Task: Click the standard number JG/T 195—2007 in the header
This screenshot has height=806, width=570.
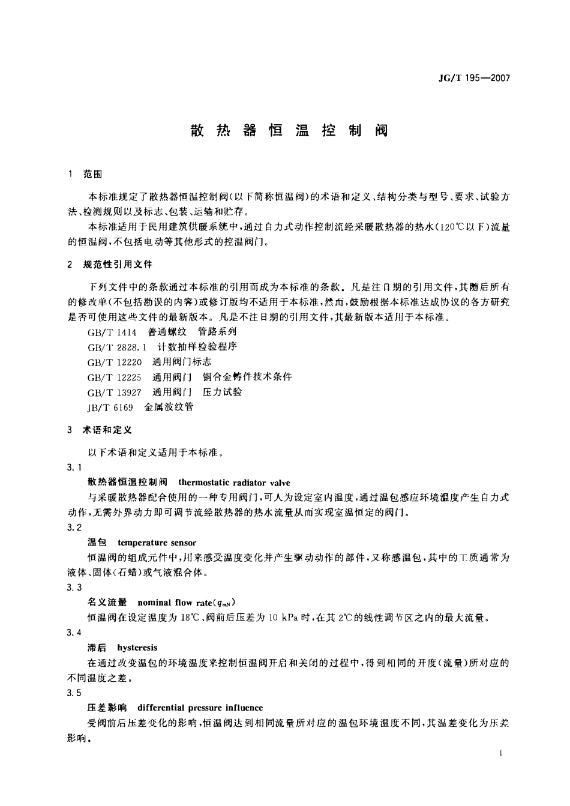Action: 475,78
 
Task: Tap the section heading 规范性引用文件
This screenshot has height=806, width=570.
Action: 118,264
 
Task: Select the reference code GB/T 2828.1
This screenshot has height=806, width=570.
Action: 117,347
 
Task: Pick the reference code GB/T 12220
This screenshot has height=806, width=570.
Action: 115,362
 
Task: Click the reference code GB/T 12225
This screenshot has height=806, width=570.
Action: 115,377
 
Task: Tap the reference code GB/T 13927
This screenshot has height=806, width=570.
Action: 115,392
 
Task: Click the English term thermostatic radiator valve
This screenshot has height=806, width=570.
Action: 234,483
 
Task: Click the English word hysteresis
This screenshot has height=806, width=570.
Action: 137,648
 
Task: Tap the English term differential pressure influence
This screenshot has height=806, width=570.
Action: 200,708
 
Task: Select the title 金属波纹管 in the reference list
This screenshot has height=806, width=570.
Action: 169,407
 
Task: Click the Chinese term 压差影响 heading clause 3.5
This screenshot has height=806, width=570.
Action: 107,708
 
